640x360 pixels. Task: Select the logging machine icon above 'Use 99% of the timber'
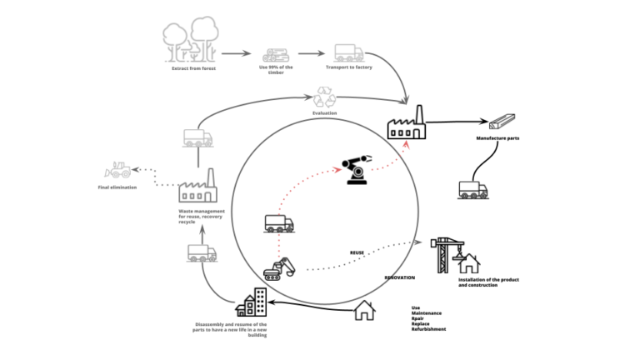tap(275, 54)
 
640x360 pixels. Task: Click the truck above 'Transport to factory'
tap(348, 53)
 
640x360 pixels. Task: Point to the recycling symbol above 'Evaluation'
tap(324, 98)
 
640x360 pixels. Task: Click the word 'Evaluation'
tap(324, 113)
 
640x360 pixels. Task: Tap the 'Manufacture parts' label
tap(497, 138)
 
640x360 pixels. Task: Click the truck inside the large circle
tap(279, 223)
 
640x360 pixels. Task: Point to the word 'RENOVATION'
tap(400, 277)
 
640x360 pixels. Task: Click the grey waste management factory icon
tap(197, 187)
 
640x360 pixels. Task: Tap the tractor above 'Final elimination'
tap(117, 170)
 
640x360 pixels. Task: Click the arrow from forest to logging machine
tap(236, 53)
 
